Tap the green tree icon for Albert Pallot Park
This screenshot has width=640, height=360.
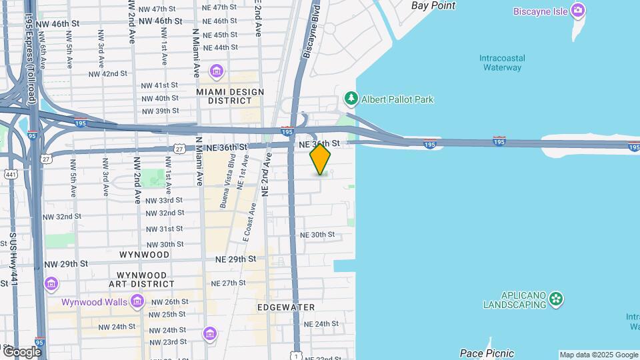coord(351,99)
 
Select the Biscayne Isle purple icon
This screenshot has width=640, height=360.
coord(579,11)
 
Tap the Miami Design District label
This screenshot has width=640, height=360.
coord(230,96)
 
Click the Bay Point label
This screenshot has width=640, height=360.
coord(433,5)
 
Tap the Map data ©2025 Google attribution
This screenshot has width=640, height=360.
coord(598,355)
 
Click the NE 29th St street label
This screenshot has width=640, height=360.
coord(235,258)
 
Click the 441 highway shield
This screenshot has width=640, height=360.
coord(11,174)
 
